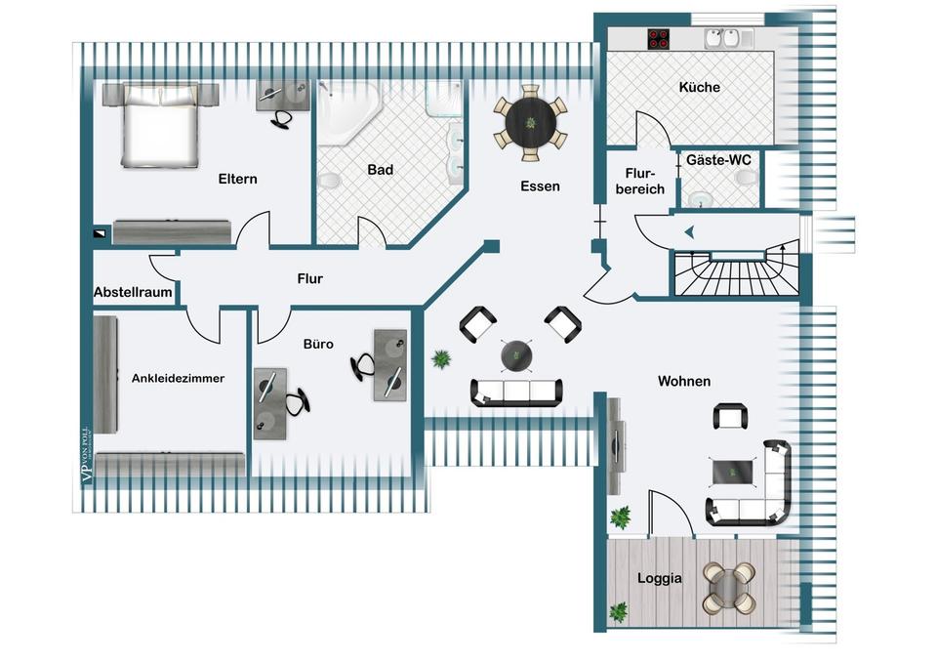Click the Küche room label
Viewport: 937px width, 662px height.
pos(699,87)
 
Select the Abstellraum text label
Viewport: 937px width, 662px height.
pos(133,292)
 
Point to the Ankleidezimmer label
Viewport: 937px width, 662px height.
pos(178,379)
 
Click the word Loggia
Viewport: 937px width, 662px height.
pos(659,578)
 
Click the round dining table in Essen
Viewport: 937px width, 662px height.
pos(530,122)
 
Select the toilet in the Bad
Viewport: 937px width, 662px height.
pos(329,182)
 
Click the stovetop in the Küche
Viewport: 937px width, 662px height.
pos(659,40)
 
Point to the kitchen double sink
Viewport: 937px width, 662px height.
pos(722,39)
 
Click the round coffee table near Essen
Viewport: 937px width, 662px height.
pos(516,355)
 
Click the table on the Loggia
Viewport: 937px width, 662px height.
pos(727,586)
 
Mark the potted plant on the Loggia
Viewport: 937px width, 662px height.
pos(617,612)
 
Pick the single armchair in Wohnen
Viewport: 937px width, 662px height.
pos(730,417)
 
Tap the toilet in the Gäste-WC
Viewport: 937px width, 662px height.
pos(747,180)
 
